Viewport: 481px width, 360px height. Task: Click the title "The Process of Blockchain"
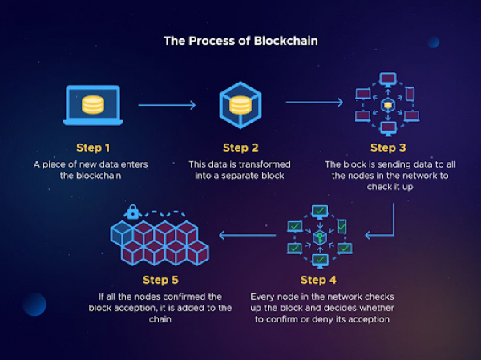click(240, 41)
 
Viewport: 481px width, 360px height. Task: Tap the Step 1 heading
click(93, 148)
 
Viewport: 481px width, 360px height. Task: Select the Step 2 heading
click(240, 148)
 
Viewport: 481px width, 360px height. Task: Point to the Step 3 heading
click(388, 148)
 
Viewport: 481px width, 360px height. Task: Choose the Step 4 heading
click(318, 280)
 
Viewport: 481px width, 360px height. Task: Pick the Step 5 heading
click(160, 280)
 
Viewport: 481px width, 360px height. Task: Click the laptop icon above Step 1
click(93, 105)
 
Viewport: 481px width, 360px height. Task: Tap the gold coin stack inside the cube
click(240, 105)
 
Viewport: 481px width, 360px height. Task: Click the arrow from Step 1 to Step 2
click(167, 105)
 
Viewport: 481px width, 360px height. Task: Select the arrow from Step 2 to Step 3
click(314, 102)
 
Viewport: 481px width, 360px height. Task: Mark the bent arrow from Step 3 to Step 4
click(394, 235)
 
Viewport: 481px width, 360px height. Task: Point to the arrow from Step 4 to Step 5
click(247, 236)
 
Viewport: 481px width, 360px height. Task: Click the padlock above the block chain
click(132, 212)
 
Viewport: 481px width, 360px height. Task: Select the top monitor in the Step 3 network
click(388, 79)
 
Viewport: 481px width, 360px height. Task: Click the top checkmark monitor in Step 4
click(320, 212)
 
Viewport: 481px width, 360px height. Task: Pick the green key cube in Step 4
click(320, 237)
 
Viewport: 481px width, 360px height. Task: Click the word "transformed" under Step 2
click(263, 164)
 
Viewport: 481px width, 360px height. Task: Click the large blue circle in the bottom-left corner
click(34, 304)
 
